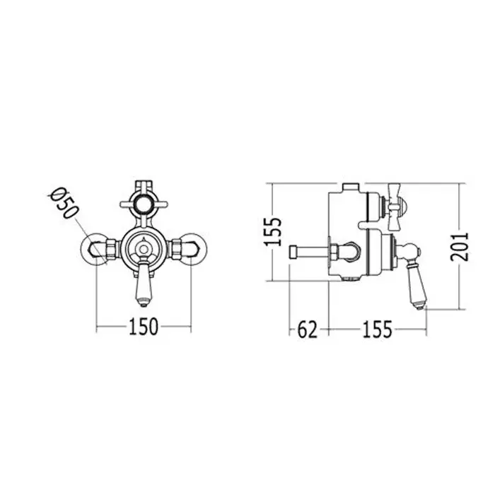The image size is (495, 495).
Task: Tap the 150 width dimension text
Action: coord(143,327)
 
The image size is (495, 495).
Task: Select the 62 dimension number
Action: coord(307,330)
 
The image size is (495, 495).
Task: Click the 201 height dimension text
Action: coord(460,247)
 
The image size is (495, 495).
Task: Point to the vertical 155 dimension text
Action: coord(272,231)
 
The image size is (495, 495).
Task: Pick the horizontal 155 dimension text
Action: coord(377,330)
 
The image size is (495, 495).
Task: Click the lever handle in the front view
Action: coord(144,284)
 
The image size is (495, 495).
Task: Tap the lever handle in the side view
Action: coord(416,277)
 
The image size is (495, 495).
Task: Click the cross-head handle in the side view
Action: coord(395,206)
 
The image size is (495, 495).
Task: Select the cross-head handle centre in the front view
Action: coord(144,204)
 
